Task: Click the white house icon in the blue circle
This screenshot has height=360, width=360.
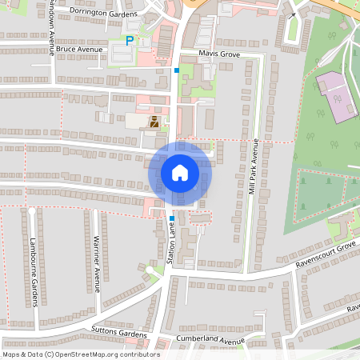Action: click(179, 172)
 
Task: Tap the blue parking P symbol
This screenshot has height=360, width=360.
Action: click(130, 41)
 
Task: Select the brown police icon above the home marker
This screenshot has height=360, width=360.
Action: click(154, 122)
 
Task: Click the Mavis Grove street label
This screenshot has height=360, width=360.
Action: click(220, 54)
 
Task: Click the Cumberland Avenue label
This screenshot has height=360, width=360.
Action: click(210, 341)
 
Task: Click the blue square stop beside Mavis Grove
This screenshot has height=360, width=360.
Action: click(177, 70)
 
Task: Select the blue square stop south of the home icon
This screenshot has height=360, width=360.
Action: click(172, 218)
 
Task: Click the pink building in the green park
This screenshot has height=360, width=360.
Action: click(335, 96)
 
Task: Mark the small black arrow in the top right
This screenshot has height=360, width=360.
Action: click(293, 15)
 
